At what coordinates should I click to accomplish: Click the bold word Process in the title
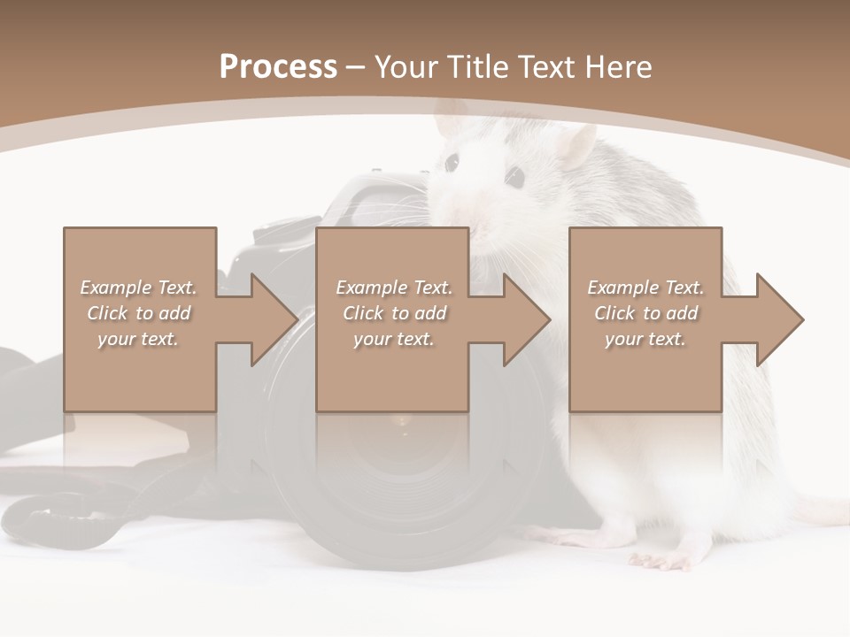[278, 67]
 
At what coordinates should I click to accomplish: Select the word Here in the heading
[619, 67]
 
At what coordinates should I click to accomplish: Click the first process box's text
[139, 313]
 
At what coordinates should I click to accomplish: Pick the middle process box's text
[394, 313]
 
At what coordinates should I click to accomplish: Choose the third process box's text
[645, 313]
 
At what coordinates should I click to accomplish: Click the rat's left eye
[452, 163]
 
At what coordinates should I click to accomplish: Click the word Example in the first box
[116, 288]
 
